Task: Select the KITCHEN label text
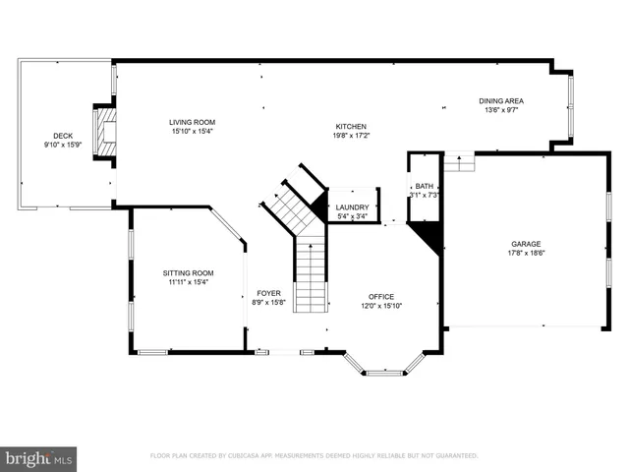[351, 127]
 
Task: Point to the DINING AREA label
[500, 101]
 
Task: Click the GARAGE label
[526, 244]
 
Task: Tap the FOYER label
[269, 293]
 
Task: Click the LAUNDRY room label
[352, 207]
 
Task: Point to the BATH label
[424, 186]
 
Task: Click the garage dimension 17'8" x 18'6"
[526, 254]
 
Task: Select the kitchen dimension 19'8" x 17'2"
[351, 137]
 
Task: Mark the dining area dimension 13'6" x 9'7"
[500, 111]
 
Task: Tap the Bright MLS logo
[39, 457]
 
